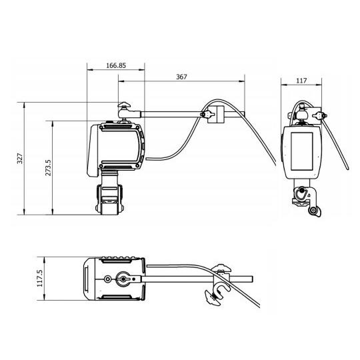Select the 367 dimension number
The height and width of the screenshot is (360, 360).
coord(181,77)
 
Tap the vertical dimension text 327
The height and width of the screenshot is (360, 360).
coord(20,159)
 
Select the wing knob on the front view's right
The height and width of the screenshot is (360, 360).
coord(324,116)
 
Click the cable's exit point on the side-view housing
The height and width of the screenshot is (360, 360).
coord(145,159)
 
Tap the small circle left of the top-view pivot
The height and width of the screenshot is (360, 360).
coord(105,279)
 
